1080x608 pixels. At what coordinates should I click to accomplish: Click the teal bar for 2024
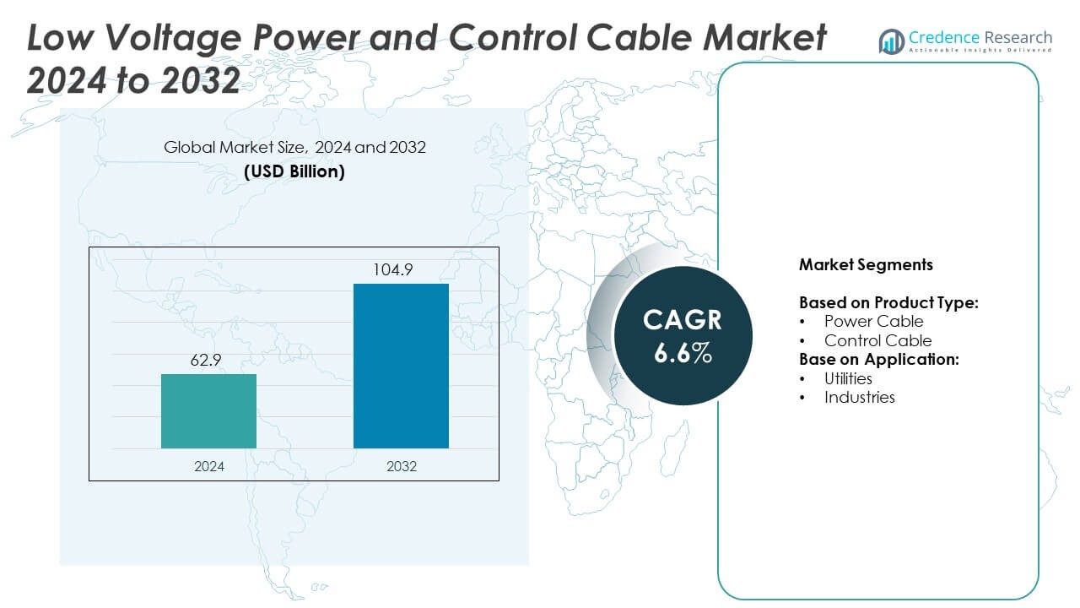click(x=208, y=411)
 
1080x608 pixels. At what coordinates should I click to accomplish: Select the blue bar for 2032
click(x=401, y=366)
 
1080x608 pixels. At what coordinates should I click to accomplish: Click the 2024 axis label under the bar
click(x=208, y=465)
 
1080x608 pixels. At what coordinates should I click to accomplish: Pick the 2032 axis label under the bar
click(x=401, y=465)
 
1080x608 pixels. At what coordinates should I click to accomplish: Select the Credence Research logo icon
click(x=892, y=41)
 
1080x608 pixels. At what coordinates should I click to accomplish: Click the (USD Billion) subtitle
click(x=294, y=171)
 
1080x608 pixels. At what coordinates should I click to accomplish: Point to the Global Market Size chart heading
click(x=294, y=148)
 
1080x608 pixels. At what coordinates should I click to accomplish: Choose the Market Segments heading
click(x=866, y=265)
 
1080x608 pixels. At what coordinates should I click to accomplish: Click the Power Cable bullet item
click(x=873, y=322)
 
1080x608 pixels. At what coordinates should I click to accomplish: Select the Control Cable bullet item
click(x=877, y=341)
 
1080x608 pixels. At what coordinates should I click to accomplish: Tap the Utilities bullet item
click(x=848, y=378)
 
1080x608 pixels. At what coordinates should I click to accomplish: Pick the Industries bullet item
click(x=859, y=397)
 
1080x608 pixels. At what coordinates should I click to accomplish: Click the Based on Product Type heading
click(x=888, y=302)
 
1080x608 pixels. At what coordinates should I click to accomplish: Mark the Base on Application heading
click(x=879, y=360)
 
